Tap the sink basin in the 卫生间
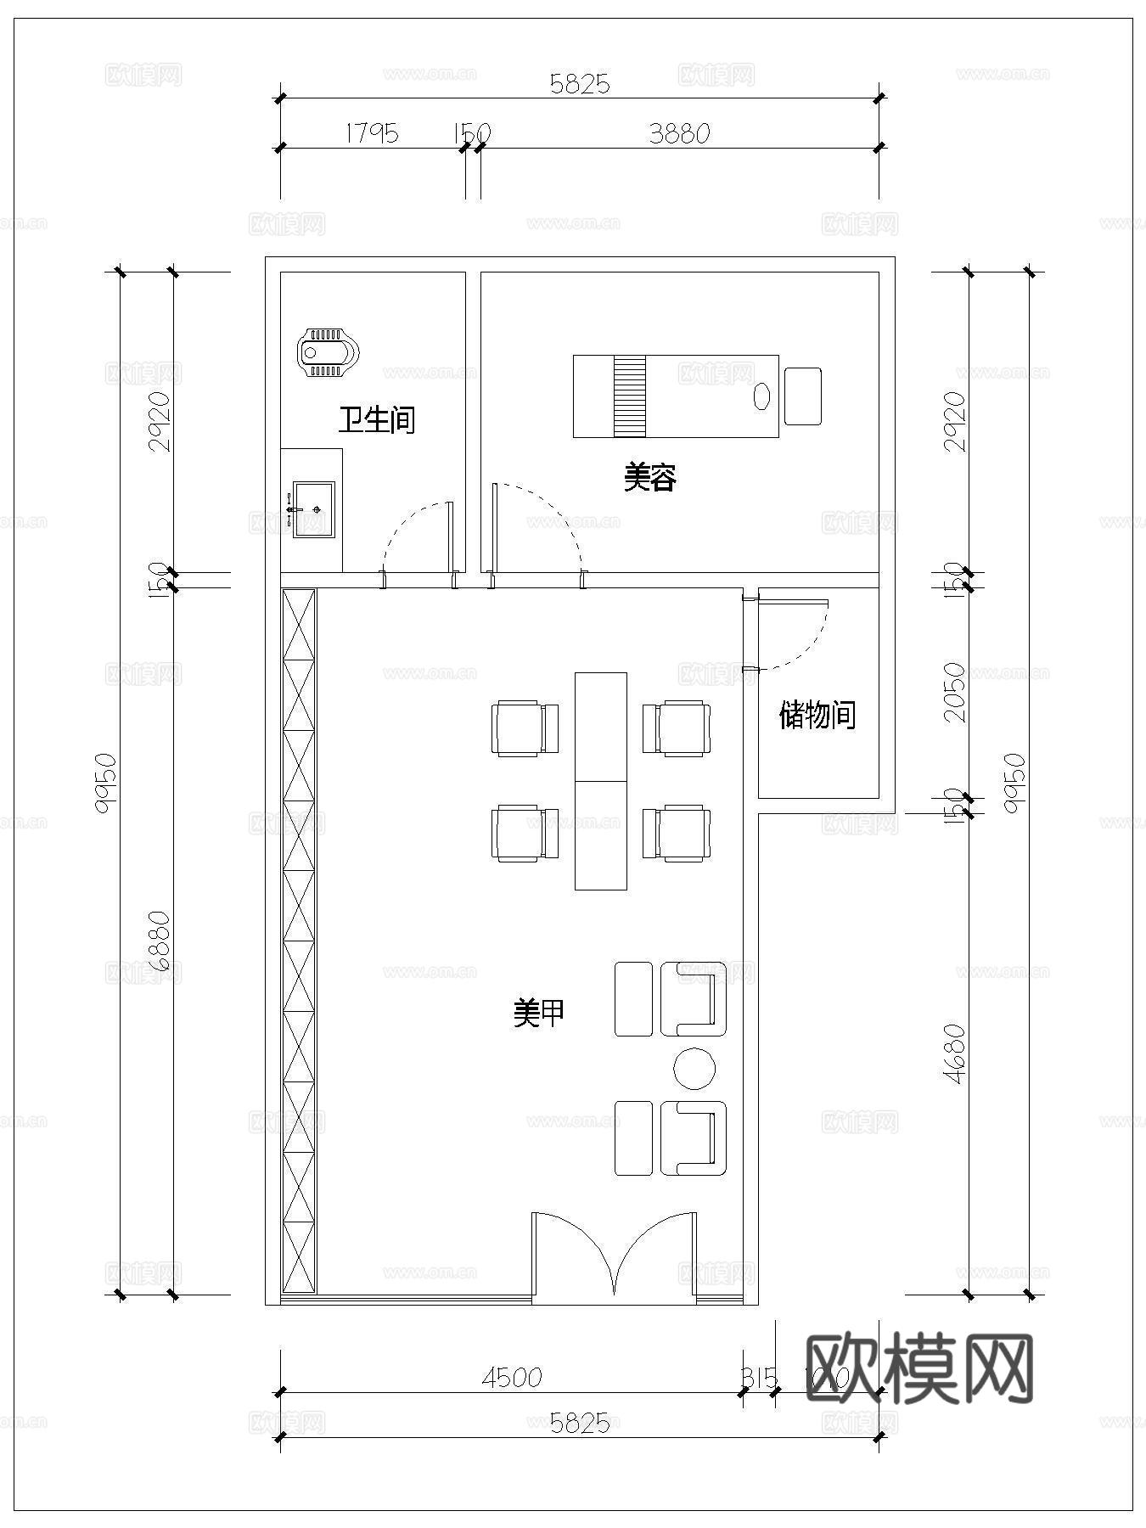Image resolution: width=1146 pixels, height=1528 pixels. pyautogui.click(x=313, y=509)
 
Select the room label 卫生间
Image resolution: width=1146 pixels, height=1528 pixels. pyautogui.click(x=377, y=419)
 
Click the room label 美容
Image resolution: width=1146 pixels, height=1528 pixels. pyautogui.click(x=649, y=478)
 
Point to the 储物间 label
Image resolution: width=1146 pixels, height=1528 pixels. pyautogui.click(x=817, y=715)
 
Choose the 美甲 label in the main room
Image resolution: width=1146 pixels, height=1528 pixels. pyautogui.click(x=539, y=1012)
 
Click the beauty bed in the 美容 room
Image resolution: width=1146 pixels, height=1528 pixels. pyautogui.click(x=675, y=396)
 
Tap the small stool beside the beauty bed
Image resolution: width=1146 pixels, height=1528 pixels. pyautogui.click(x=802, y=396)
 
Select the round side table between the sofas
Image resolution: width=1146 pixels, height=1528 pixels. pyautogui.click(x=694, y=1068)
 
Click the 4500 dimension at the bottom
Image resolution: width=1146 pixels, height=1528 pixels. pyautogui.click(x=511, y=1377)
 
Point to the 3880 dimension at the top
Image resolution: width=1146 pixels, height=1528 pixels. pyautogui.click(x=679, y=133)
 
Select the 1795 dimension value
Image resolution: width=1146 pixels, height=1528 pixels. pyautogui.click(x=372, y=133)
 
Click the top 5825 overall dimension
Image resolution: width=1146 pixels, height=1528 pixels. pyautogui.click(x=580, y=83)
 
